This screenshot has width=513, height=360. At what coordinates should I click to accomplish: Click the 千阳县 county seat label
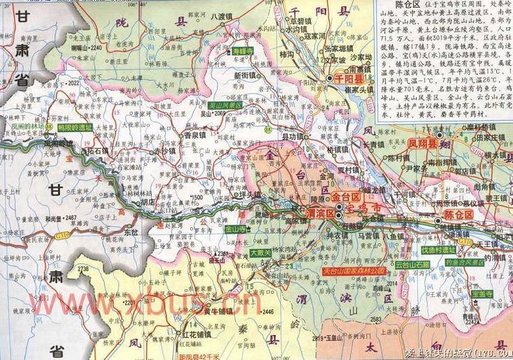pyautogui.click(x=349, y=79)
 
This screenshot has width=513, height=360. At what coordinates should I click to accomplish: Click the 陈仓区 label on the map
pyautogui.click(x=459, y=214)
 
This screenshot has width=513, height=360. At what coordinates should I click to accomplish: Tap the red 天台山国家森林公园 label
pyautogui.click(x=354, y=271)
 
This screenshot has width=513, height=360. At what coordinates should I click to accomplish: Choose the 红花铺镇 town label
pyautogui.click(x=197, y=334)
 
